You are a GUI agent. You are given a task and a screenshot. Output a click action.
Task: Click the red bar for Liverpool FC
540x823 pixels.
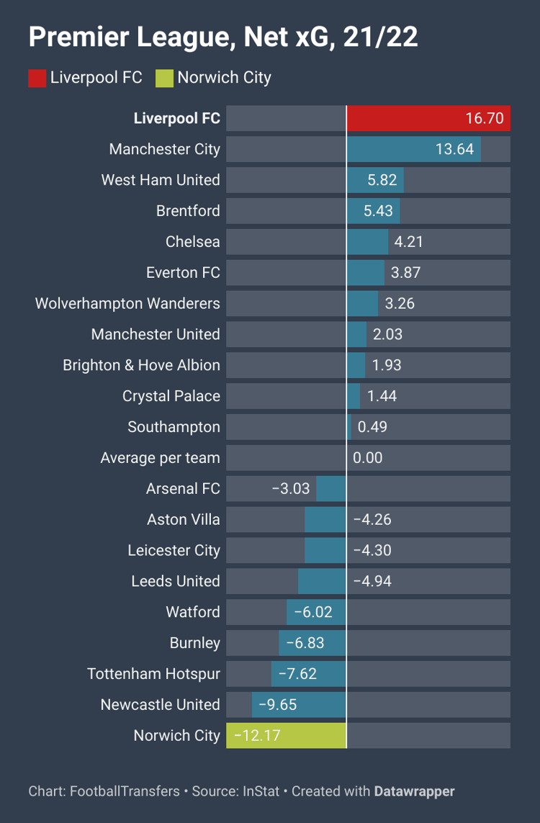[428, 118]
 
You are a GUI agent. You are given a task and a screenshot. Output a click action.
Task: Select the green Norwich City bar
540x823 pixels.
[287, 736]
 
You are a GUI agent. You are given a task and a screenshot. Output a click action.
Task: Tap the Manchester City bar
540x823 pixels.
[414, 149]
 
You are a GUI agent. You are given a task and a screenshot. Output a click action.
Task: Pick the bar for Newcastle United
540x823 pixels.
[299, 705]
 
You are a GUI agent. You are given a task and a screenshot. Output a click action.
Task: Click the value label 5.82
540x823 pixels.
[382, 180]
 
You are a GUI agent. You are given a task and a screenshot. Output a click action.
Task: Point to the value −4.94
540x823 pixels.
[372, 581]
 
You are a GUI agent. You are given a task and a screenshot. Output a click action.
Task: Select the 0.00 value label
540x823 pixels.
[368, 458]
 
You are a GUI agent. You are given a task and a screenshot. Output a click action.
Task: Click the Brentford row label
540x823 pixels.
[188, 211]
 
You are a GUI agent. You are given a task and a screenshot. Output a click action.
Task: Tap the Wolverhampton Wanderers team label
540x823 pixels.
[127, 303]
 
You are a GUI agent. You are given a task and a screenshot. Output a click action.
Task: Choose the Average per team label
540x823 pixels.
[160, 458]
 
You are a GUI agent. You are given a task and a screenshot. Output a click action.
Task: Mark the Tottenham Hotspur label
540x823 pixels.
[153, 674]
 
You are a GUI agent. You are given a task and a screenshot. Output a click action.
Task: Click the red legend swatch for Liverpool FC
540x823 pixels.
[37, 78]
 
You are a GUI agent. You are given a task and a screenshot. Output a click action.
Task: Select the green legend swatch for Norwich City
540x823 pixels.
[164, 78]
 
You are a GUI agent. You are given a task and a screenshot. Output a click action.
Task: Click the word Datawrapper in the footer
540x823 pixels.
[414, 791]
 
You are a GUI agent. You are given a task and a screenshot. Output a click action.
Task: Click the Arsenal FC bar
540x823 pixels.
[331, 489]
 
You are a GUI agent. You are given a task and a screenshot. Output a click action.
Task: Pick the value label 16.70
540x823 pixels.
[485, 118]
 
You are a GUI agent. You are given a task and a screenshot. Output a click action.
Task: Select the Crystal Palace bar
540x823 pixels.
[354, 396]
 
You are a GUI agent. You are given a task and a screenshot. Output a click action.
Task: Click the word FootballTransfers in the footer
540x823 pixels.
[125, 791]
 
